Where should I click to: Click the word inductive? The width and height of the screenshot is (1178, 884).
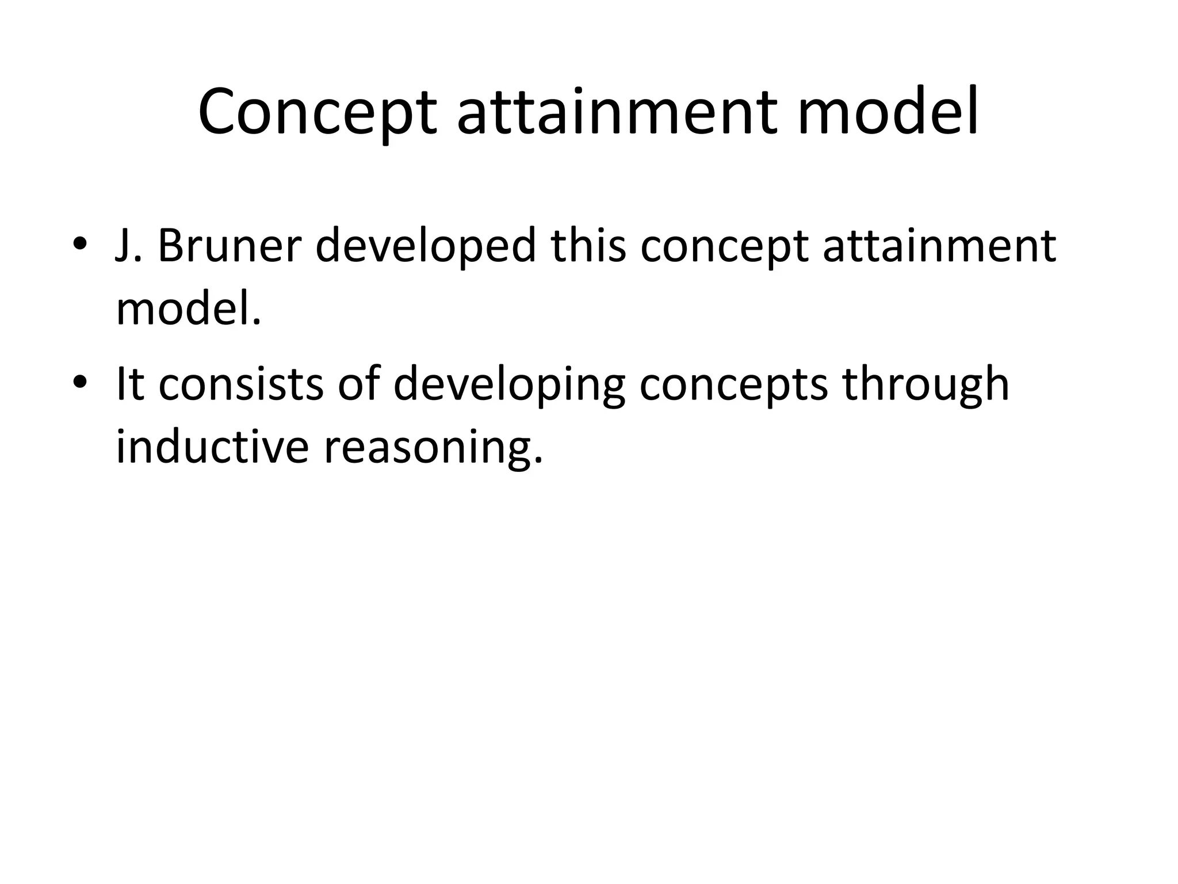pos(212,448)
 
